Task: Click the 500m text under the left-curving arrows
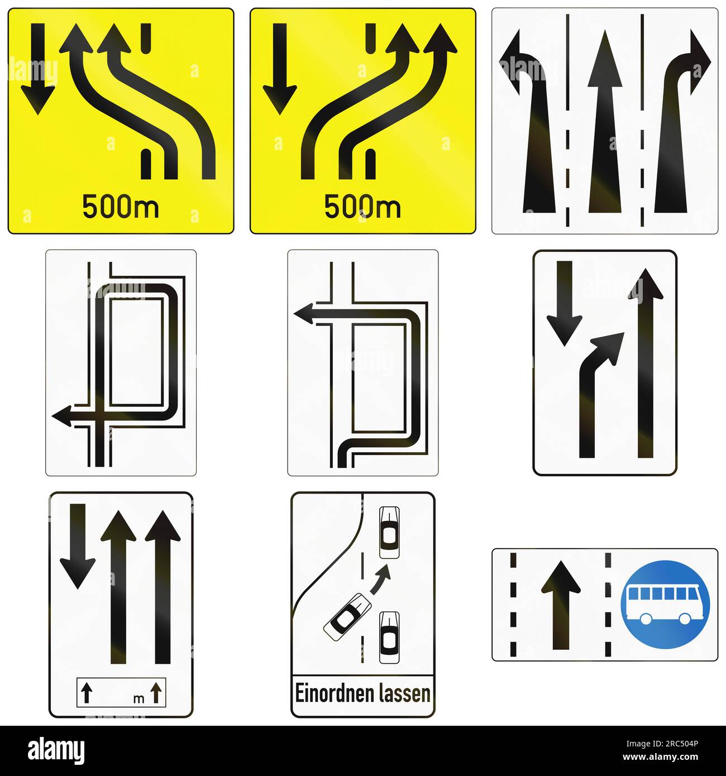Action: pos(120,207)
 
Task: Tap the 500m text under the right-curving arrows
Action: pos(362,207)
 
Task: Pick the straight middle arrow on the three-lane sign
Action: pos(605,123)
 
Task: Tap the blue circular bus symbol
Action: pos(665,605)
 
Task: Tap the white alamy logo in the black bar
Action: pos(56,750)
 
